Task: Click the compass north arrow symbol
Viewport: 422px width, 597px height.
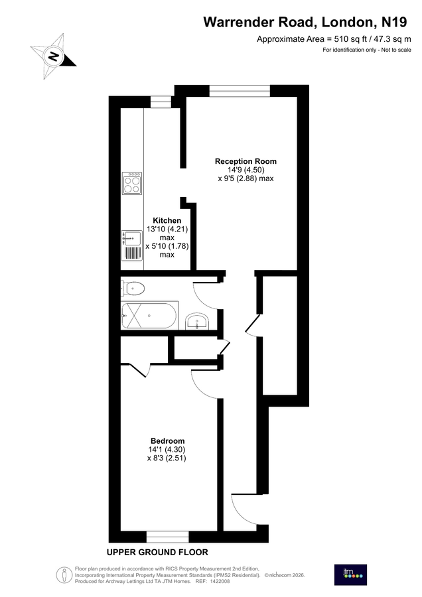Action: (53, 56)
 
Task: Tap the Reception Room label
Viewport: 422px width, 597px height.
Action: (246, 161)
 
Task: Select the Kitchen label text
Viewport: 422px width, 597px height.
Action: (167, 220)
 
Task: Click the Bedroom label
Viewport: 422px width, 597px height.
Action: (167, 440)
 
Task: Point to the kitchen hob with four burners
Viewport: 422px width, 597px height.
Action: (132, 182)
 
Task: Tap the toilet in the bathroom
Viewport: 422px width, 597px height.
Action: (133, 288)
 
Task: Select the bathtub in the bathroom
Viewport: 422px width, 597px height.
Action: (149, 316)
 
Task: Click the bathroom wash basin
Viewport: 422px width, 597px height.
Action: (198, 322)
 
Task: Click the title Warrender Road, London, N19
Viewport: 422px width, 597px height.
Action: (305, 23)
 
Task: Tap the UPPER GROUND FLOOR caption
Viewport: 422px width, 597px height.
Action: (157, 552)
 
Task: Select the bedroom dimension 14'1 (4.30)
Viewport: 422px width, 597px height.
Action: (167, 449)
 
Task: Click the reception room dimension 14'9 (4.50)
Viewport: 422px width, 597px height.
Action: (246, 170)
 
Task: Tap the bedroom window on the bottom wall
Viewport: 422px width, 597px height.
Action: (167, 535)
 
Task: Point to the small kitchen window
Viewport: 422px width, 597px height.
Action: (161, 101)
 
